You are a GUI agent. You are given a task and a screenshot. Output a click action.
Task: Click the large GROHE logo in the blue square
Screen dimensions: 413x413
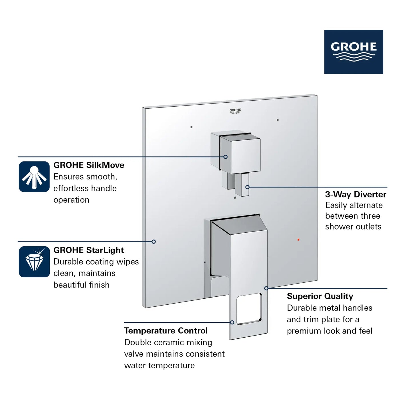(x=354, y=52)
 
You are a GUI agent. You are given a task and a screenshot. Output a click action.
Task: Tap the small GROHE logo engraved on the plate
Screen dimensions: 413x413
(x=235, y=111)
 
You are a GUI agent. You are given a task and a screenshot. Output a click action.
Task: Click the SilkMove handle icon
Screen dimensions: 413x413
(x=34, y=177)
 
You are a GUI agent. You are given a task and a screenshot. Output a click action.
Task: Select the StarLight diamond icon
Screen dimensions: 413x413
(x=34, y=262)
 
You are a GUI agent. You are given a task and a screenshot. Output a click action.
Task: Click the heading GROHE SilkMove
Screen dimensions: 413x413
(x=89, y=165)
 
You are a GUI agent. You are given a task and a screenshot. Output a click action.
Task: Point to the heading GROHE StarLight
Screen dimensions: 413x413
(x=88, y=250)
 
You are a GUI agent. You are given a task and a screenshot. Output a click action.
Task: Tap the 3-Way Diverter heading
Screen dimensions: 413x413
(x=356, y=194)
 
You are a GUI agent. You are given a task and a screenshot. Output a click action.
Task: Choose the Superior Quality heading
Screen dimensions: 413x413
(x=320, y=296)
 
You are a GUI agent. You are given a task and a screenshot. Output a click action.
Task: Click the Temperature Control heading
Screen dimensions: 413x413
(x=165, y=331)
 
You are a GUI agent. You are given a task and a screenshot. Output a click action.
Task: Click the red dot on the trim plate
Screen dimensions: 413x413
(x=298, y=240)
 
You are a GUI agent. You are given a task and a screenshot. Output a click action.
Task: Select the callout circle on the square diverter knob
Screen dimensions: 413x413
(x=226, y=157)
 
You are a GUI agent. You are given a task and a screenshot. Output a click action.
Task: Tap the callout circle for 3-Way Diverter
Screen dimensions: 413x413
(x=248, y=187)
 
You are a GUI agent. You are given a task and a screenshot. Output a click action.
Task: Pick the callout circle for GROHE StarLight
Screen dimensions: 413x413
(x=153, y=242)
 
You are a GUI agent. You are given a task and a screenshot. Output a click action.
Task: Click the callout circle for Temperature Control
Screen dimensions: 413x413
(x=232, y=322)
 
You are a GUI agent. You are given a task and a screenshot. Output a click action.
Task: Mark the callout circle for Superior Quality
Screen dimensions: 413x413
(x=266, y=288)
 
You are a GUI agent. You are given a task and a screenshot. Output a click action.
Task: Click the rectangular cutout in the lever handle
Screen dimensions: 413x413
(x=249, y=308)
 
